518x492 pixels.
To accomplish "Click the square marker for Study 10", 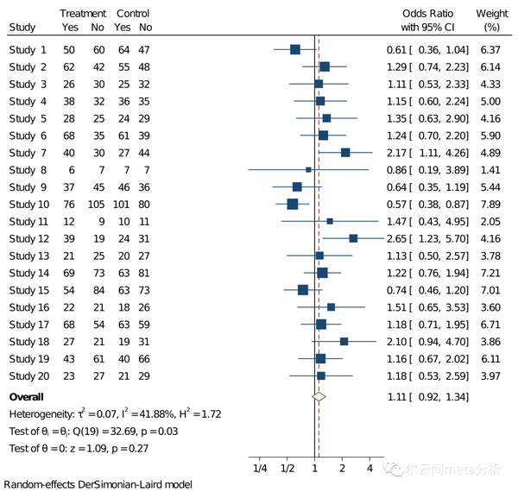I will click(293, 204).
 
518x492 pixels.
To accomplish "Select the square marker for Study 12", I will click(353, 237).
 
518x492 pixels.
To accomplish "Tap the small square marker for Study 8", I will click(308, 169).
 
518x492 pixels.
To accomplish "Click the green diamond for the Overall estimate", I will click(319, 396).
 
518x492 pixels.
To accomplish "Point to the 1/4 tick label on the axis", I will click(260, 468).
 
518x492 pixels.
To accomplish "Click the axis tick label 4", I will click(370, 468).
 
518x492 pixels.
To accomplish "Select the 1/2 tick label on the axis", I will click(287, 468).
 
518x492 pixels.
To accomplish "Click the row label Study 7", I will click(28, 152).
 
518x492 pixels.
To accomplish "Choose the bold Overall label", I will click(27, 396).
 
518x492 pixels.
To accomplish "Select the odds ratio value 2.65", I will click(397, 237).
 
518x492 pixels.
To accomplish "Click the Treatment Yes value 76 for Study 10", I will click(68, 204).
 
